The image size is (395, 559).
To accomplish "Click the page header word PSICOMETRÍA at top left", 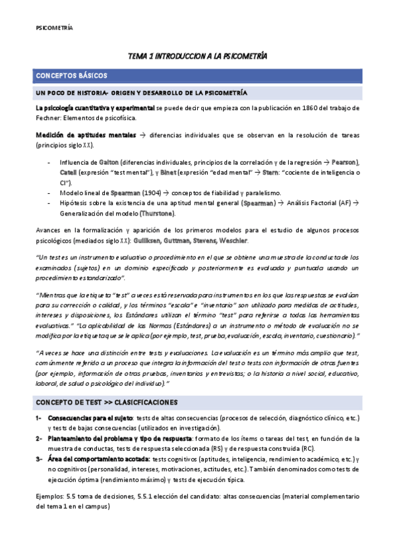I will point(53,28).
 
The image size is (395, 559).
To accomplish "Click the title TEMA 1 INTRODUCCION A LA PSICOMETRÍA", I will point(197,57).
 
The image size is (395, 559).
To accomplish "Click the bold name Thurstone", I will point(159,214).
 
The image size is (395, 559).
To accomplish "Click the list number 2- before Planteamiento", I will point(38,438).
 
